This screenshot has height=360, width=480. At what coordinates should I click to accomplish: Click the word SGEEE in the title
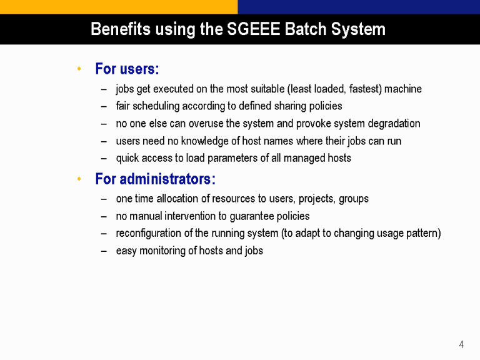pos(254,29)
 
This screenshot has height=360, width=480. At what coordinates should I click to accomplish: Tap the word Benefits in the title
pos(121,29)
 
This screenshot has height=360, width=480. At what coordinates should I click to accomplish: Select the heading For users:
pos(127,69)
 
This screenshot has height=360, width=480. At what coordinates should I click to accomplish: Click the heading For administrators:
pos(156,179)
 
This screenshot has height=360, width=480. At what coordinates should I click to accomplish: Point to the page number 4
pos(461,345)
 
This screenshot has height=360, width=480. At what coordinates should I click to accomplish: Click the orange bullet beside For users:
pos(79,69)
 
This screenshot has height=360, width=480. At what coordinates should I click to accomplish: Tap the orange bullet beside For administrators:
pos(79,179)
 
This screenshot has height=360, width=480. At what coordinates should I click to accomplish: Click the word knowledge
pos(205,141)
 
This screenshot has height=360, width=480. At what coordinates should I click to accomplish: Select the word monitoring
pos(162,251)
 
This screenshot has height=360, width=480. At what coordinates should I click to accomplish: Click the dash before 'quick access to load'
pos(104,159)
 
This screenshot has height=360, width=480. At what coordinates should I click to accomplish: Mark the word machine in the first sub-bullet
pos(403,89)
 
